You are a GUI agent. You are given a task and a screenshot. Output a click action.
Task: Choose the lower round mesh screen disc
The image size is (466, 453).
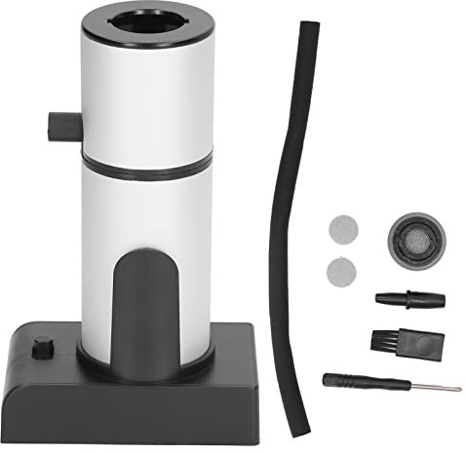pos(340,270)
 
